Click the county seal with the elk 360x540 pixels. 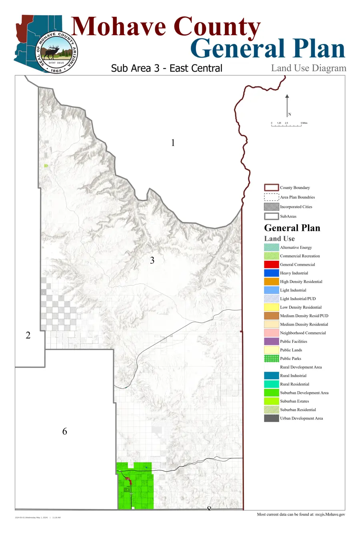[x=56, y=52]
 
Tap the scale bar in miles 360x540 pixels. [x=286, y=125]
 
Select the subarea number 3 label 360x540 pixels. [x=152, y=260]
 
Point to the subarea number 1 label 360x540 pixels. [x=173, y=143]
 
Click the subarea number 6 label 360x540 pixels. [x=64, y=431]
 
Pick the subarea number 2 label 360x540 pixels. [x=28, y=335]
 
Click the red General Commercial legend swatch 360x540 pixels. [x=271, y=264]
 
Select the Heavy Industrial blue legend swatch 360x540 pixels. [x=271, y=273]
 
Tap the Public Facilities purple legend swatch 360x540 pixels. [x=271, y=342]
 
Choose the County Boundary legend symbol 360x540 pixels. [x=271, y=188]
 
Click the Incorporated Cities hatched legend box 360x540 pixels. [x=271, y=207]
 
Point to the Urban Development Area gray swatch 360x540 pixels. [x=271, y=418]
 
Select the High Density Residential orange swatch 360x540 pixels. [x=271, y=282]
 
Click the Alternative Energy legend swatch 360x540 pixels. [x=271, y=248]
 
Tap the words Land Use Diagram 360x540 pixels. [x=308, y=68]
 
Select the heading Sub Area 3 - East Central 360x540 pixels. [x=166, y=68]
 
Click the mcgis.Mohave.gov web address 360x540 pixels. [x=330, y=514]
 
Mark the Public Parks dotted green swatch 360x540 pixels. [x=271, y=358]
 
